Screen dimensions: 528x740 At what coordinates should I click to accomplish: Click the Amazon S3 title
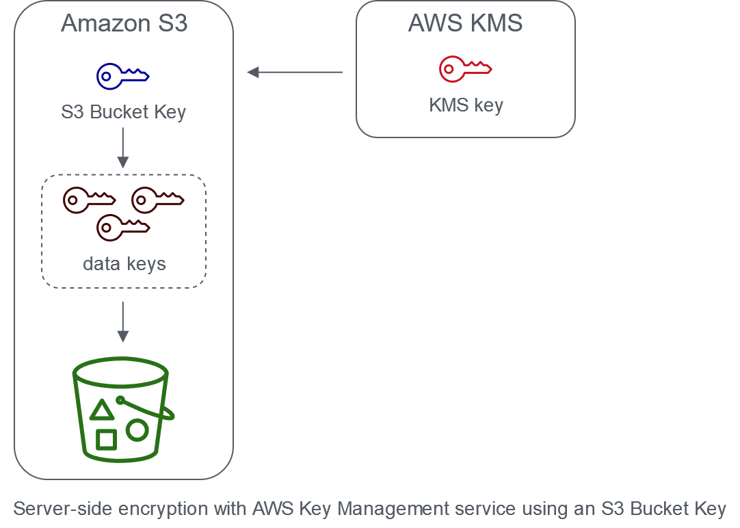[x=124, y=23]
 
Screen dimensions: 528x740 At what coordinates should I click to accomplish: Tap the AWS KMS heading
[x=465, y=23]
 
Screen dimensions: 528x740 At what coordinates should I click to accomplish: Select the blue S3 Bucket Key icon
[x=123, y=75]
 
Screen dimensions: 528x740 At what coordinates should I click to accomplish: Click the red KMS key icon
[x=465, y=68]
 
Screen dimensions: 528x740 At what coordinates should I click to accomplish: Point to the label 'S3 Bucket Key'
[x=124, y=112]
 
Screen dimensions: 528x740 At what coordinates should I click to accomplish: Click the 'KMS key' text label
[x=466, y=105]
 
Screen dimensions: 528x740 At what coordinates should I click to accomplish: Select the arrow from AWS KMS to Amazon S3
[x=295, y=72]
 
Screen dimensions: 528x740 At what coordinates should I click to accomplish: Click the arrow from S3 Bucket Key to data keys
[x=123, y=147]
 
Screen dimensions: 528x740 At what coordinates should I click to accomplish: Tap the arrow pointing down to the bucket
[x=123, y=321]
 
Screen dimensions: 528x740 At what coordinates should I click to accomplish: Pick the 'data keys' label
[x=124, y=263]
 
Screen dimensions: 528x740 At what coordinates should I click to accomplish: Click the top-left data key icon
[x=89, y=200]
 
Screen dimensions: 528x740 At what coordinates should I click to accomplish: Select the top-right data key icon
[x=158, y=200]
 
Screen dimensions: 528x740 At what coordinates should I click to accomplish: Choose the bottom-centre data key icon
[x=123, y=227]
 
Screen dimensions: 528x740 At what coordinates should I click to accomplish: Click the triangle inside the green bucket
[x=102, y=411]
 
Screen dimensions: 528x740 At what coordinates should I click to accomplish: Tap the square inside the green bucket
[x=106, y=439]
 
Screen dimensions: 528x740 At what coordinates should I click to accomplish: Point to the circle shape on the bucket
[x=137, y=430]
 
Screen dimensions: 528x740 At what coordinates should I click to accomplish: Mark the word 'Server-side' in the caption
[x=57, y=510]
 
